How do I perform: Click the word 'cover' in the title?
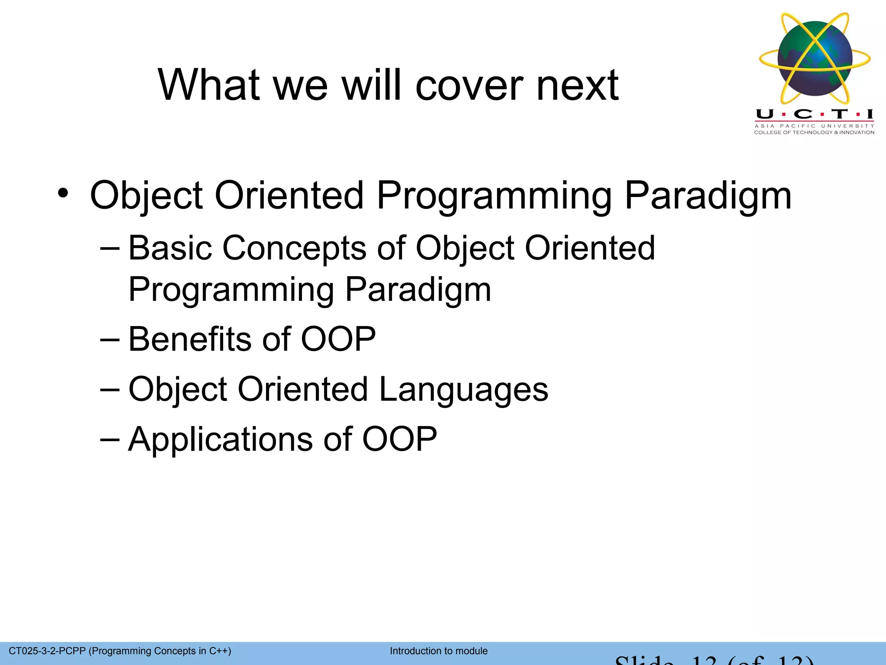[469, 86]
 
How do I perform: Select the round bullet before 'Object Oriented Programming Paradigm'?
[63, 193]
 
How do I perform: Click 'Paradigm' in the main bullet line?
[708, 196]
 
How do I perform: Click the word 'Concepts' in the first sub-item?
[294, 249]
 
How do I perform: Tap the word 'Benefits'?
[189, 339]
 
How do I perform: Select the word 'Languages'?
[463, 390]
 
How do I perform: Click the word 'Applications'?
[219, 440]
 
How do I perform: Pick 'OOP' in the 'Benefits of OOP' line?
[338, 339]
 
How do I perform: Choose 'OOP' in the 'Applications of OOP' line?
[399, 439]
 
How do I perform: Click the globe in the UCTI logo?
[815, 58]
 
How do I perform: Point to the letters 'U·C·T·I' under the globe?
[815, 114]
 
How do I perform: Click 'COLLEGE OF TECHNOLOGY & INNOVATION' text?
[814, 132]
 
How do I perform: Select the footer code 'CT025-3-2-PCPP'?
[47, 651]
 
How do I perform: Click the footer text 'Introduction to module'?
[438, 651]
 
